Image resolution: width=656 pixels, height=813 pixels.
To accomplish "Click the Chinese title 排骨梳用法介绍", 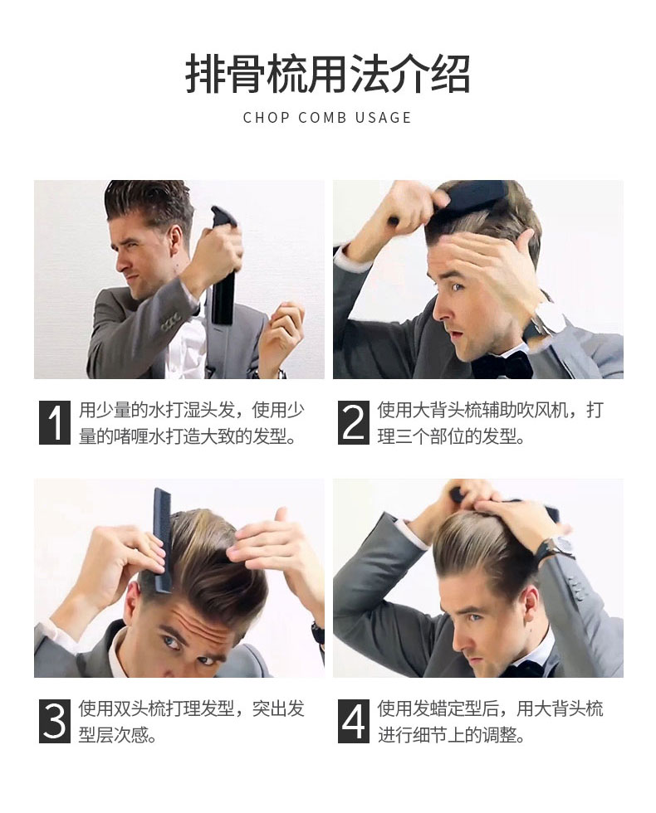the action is click(327, 74).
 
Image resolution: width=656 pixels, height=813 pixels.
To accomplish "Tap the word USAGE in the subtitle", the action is click(383, 118).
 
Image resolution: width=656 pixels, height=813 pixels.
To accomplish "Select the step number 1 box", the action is click(55, 422).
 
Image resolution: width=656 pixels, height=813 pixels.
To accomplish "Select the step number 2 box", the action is click(354, 422).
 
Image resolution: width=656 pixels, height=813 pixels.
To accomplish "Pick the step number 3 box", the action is click(55, 721).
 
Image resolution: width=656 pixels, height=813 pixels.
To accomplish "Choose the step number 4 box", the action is click(354, 721).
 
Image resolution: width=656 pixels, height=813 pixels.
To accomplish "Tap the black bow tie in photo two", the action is click(502, 364).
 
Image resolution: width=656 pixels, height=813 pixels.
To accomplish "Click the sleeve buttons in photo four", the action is click(574, 586).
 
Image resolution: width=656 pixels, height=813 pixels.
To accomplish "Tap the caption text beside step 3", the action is click(191, 721).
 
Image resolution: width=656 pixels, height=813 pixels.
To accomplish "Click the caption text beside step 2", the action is click(491, 423).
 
